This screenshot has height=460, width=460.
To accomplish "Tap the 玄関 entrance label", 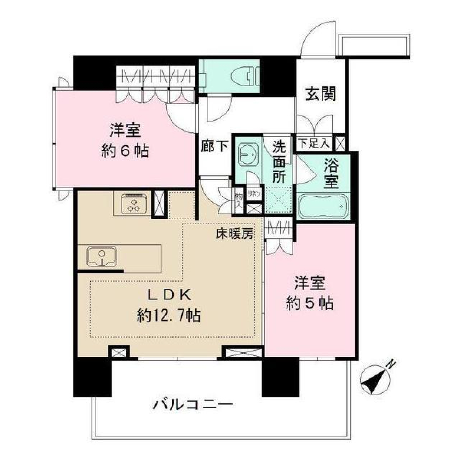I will pyautogui.click(x=320, y=94).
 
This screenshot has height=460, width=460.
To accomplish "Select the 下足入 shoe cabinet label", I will pyautogui.click(x=314, y=143).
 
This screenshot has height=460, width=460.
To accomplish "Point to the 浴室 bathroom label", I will pyautogui.click(x=331, y=174).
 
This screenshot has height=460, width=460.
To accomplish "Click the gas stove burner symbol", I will pyautogui.click(x=133, y=204).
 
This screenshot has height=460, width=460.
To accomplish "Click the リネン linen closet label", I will pyautogui.click(x=254, y=194).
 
